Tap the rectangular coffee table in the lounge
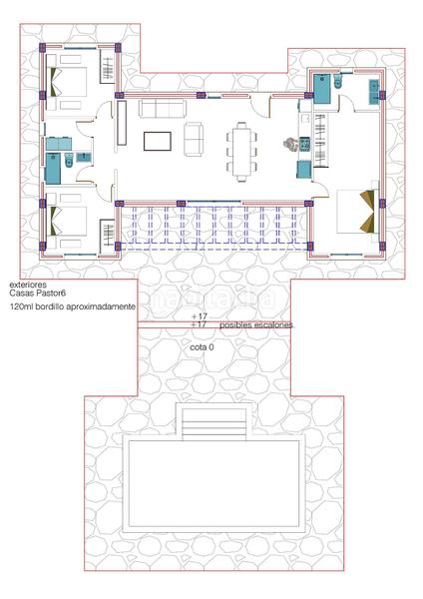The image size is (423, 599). [158, 141]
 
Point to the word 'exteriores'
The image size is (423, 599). [27, 285]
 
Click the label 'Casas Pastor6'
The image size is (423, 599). [38, 295]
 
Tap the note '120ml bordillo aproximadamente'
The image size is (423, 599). [72, 308]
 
